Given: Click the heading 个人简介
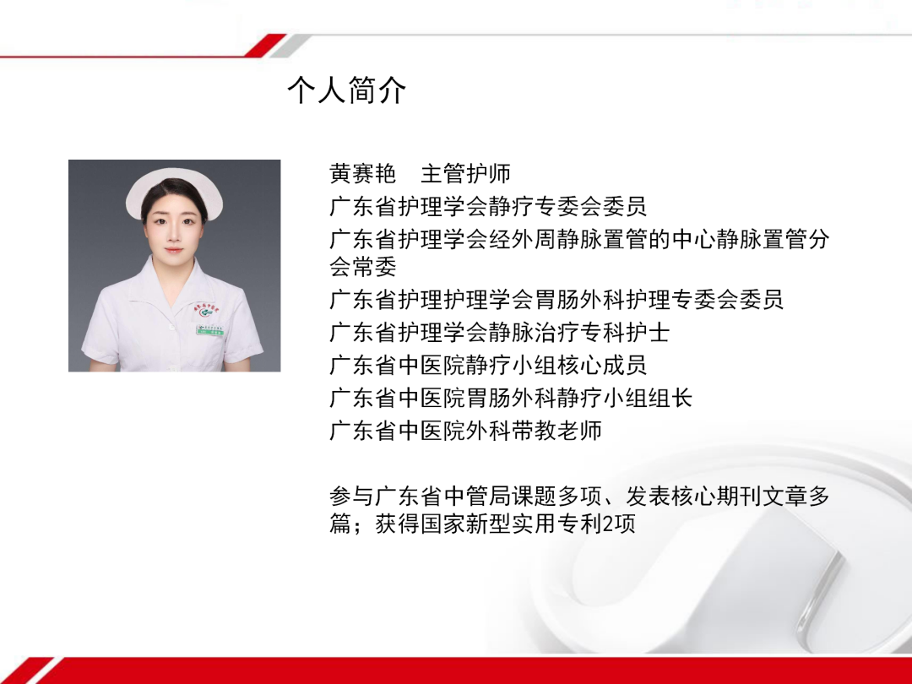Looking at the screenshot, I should (x=347, y=90).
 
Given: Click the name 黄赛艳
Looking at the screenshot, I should (x=363, y=174).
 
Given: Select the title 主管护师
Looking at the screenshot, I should (x=466, y=174).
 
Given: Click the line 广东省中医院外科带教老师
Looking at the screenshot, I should (x=465, y=430).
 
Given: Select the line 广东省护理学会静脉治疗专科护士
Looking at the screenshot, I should (x=499, y=333).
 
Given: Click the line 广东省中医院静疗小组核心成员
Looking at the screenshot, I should (x=488, y=365).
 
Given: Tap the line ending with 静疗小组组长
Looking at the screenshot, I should (x=511, y=397).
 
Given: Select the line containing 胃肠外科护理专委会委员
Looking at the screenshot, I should (x=556, y=299).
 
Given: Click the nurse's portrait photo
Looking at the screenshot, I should (x=175, y=265).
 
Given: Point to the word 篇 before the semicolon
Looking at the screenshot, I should (x=339, y=524).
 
